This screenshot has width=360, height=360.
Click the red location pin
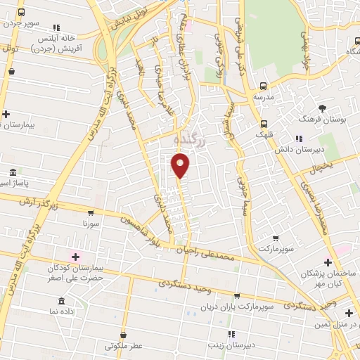[181, 165]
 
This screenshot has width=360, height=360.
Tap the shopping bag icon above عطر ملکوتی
[124, 334]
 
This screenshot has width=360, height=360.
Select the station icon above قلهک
[262, 120]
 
